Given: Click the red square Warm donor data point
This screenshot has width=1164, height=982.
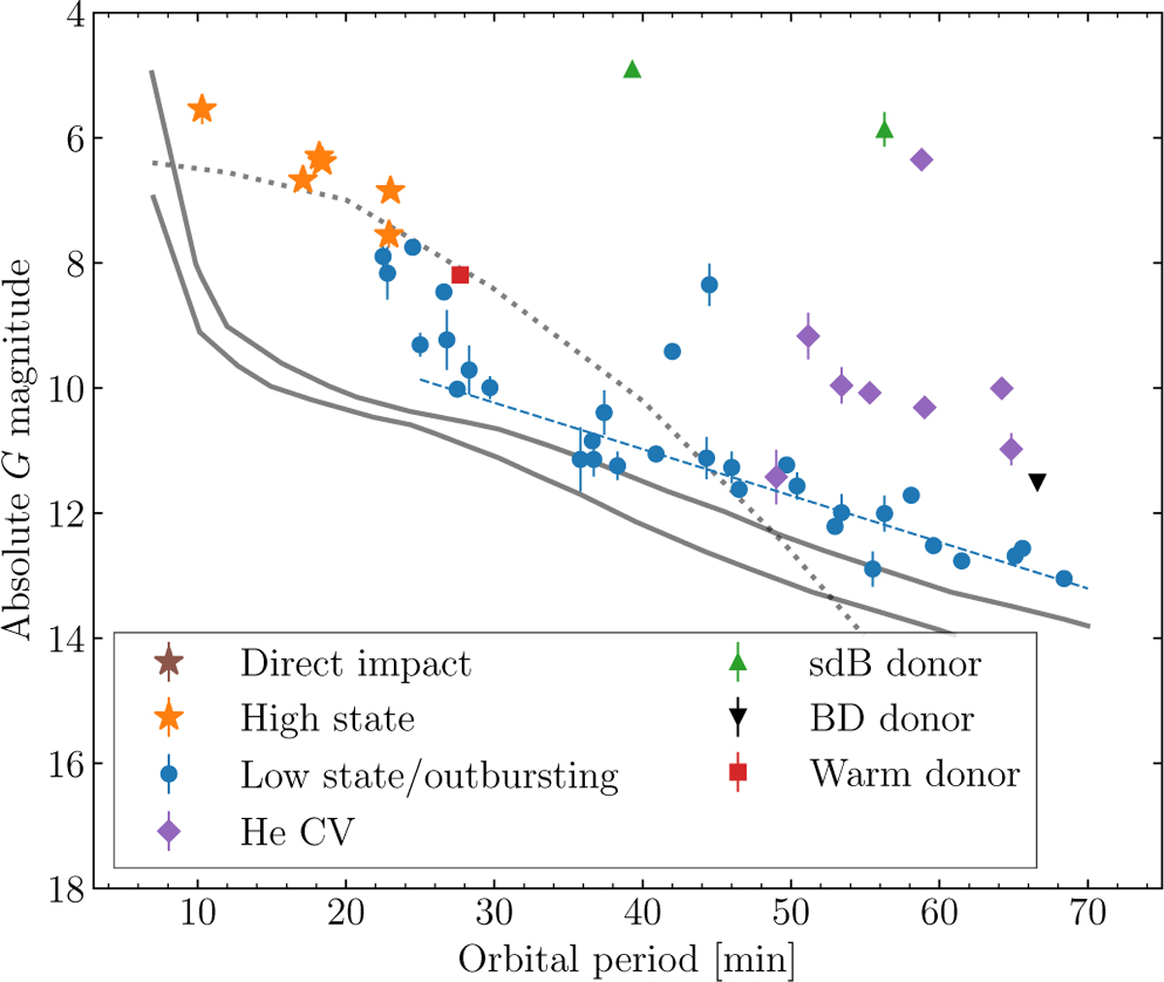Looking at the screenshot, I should [460, 274].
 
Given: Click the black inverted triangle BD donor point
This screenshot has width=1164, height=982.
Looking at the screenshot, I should [1037, 482].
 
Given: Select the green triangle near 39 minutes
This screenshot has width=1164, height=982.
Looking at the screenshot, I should [632, 69].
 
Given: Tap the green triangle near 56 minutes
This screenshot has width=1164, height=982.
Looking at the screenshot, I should [884, 130].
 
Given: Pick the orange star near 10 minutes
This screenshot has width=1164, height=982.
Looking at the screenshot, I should [202, 109].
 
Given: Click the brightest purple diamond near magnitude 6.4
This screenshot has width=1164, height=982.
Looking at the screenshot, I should [921, 160].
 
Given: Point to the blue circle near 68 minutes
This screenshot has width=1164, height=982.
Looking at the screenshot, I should [1063, 579].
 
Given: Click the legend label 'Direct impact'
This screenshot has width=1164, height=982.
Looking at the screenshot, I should [356, 663].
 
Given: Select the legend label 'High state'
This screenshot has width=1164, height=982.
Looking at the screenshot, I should [328, 718].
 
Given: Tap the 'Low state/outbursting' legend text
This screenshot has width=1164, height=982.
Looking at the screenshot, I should [429, 775].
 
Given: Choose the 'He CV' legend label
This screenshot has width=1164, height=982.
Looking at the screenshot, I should [298, 831].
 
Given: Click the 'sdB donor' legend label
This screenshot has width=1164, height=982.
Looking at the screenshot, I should [895, 663].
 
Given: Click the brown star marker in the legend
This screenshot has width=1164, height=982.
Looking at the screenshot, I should [169, 663].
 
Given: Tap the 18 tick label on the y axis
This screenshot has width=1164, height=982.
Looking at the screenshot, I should [68, 887].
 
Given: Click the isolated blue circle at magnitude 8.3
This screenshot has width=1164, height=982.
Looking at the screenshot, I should [709, 284].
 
